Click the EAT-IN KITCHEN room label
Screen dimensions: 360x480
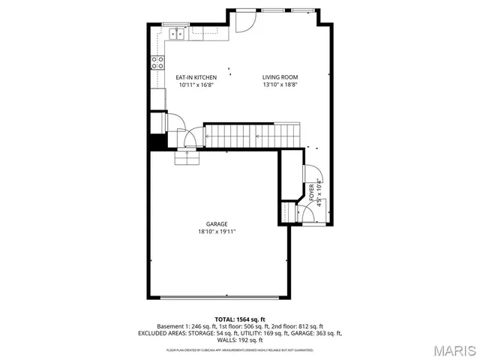(x=196, y=77)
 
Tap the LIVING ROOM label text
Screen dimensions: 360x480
(x=280, y=77)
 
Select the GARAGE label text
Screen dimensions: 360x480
(x=217, y=223)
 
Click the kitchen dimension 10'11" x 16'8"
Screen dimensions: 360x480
(x=196, y=85)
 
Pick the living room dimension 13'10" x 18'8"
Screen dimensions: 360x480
(x=280, y=85)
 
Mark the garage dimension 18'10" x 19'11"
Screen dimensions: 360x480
(x=217, y=232)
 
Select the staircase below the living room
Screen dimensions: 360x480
(x=253, y=136)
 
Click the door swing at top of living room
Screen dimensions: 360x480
(x=243, y=22)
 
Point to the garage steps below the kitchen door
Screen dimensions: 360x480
(x=187, y=157)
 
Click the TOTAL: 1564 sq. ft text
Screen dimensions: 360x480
(x=239, y=319)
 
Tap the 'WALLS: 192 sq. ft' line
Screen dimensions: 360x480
(x=239, y=340)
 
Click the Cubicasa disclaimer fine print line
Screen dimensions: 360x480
(x=239, y=349)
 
